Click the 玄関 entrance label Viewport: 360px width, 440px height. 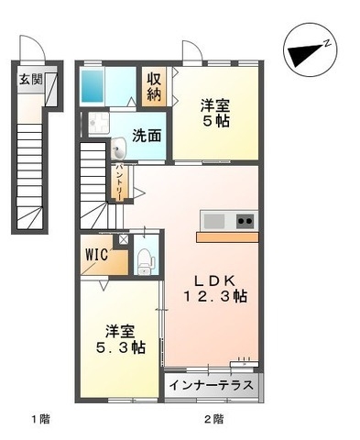pyautogui.click(x=30, y=79)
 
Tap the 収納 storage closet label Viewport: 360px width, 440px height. pyautogui.click(x=153, y=85)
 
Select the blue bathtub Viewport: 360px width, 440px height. pyautogui.click(x=94, y=85)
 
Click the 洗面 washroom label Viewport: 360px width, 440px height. pyautogui.click(x=147, y=136)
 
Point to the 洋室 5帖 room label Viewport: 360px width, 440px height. pyautogui.click(x=216, y=111)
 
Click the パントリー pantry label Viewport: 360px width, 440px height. pyautogui.click(x=119, y=183)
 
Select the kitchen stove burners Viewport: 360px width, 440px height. pyautogui.click(x=245, y=221)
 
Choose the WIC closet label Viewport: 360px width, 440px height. pyautogui.click(x=96, y=254)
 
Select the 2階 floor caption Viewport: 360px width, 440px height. pyautogui.click(x=213, y=419)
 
